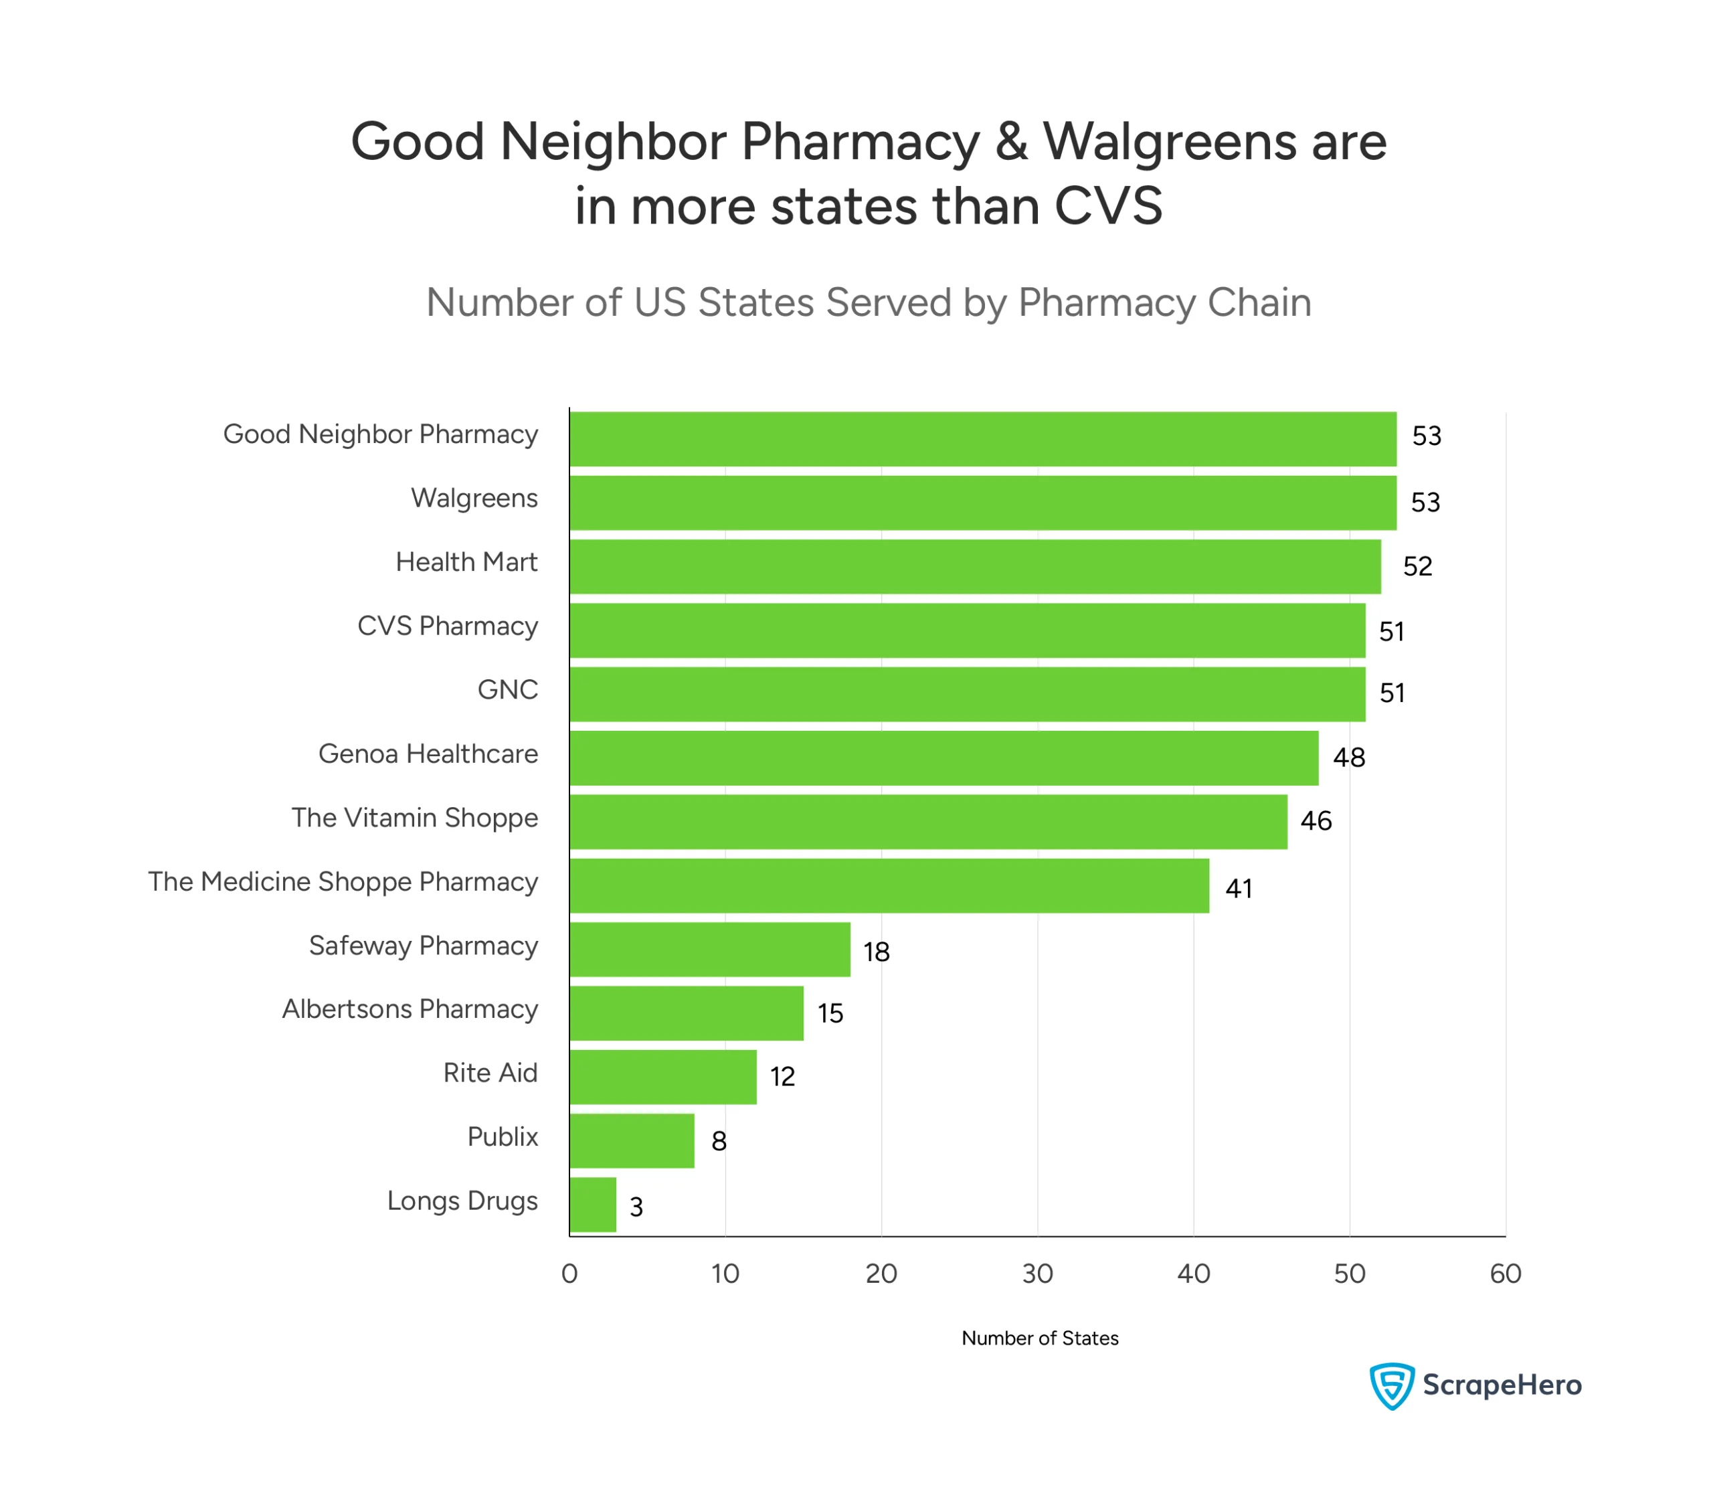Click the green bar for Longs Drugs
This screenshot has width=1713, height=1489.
pos(593,1205)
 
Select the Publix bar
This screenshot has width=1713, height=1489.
pos(632,1141)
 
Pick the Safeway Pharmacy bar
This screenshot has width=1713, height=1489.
pos(710,949)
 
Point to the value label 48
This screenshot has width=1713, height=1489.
pos(1349,758)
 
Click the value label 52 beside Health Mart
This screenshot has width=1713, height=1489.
pos(1417,567)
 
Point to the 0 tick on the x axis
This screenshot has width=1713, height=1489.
pos(569,1274)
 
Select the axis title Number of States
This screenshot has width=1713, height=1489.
pos(1039,1338)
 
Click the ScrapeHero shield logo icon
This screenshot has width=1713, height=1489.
pos(1392,1385)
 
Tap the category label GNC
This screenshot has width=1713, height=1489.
pos(508,690)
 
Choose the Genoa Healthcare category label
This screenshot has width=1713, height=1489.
pos(428,754)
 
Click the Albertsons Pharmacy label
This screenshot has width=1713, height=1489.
pos(410,1009)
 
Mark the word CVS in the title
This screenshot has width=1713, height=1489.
pos(1108,205)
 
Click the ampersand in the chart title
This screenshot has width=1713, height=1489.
pos(1011,141)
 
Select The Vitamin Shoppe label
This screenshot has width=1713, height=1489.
pos(415,818)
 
